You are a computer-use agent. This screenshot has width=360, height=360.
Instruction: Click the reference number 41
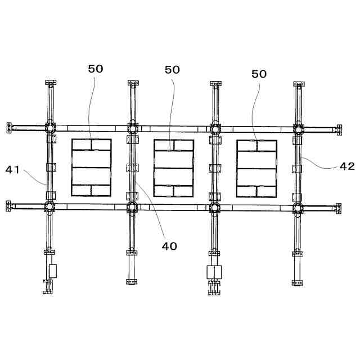pos(12,170)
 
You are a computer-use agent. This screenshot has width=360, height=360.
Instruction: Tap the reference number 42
pos(347,166)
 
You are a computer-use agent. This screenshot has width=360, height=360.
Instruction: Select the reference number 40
pos(169,246)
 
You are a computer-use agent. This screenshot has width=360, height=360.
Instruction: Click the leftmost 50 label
pos(96,69)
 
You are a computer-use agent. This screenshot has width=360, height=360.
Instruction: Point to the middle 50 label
pos(172,70)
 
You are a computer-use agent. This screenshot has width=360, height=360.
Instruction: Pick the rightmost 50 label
pos(259,74)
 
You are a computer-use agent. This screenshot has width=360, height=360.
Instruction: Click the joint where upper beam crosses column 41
pos(50,128)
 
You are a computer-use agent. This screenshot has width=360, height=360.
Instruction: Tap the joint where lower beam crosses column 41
pos(49,206)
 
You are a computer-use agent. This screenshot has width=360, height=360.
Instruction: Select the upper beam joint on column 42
pos(298,130)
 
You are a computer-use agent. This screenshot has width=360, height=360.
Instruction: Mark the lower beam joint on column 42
pos(298,209)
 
